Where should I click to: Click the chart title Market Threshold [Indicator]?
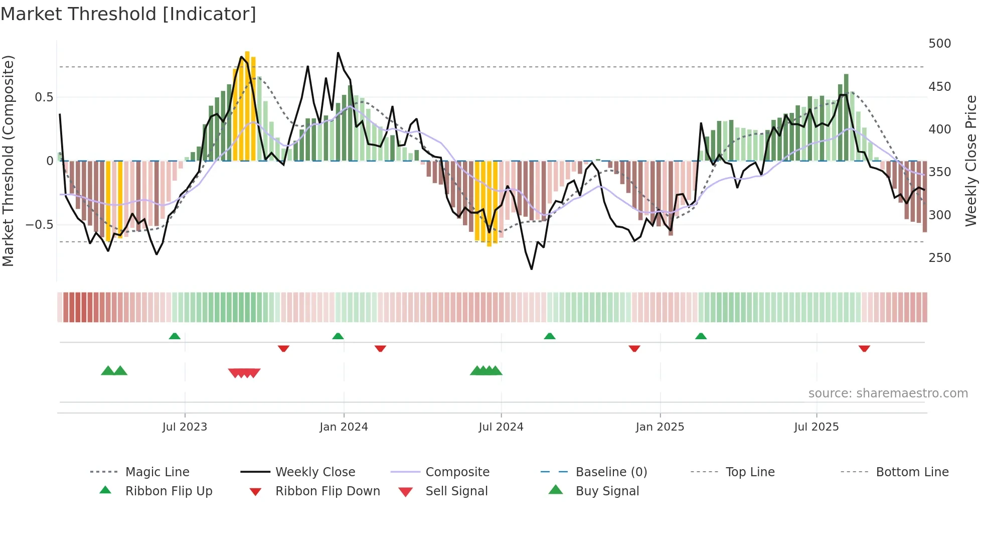point(128,14)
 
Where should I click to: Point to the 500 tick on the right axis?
point(939,44)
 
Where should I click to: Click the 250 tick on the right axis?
point(939,258)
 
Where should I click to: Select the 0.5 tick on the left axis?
point(44,97)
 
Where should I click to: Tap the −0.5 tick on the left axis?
point(40,225)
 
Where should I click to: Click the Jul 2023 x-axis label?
point(185,427)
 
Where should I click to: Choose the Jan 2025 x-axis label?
point(660,427)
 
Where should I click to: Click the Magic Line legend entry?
point(157,472)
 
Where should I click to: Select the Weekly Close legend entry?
point(315,472)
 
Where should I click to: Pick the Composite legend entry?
point(457,472)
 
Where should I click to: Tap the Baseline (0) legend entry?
point(611,472)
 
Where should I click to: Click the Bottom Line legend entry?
point(912,472)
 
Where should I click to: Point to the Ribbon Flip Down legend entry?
point(327,491)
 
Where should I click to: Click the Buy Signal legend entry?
point(607,491)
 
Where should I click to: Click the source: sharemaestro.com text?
point(888,393)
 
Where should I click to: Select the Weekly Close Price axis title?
point(971,161)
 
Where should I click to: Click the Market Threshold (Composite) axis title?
point(8,161)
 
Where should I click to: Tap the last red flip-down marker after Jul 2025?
point(864,348)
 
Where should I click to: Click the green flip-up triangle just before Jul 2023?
point(175,336)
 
